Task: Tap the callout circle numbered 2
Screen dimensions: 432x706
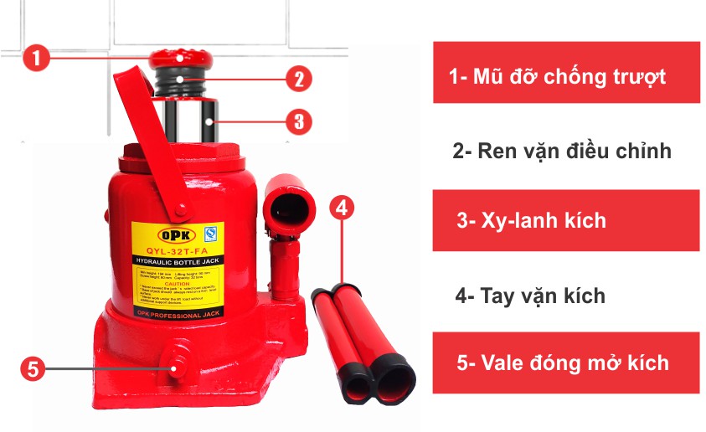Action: tap(297, 80)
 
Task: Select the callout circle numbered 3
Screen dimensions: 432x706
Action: tap(298, 121)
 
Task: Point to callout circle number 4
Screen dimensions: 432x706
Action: tap(342, 208)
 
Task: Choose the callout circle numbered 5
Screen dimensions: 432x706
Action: tap(32, 368)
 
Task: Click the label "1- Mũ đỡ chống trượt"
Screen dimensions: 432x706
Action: tap(565, 76)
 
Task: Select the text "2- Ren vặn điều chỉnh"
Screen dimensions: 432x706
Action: tap(562, 152)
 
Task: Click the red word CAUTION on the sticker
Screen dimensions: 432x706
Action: tap(178, 283)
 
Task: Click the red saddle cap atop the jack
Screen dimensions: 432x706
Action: tap(179, 60)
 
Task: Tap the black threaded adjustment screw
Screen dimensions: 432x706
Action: tap(181, 84)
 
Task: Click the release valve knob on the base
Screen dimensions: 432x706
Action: tap(178, 367)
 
